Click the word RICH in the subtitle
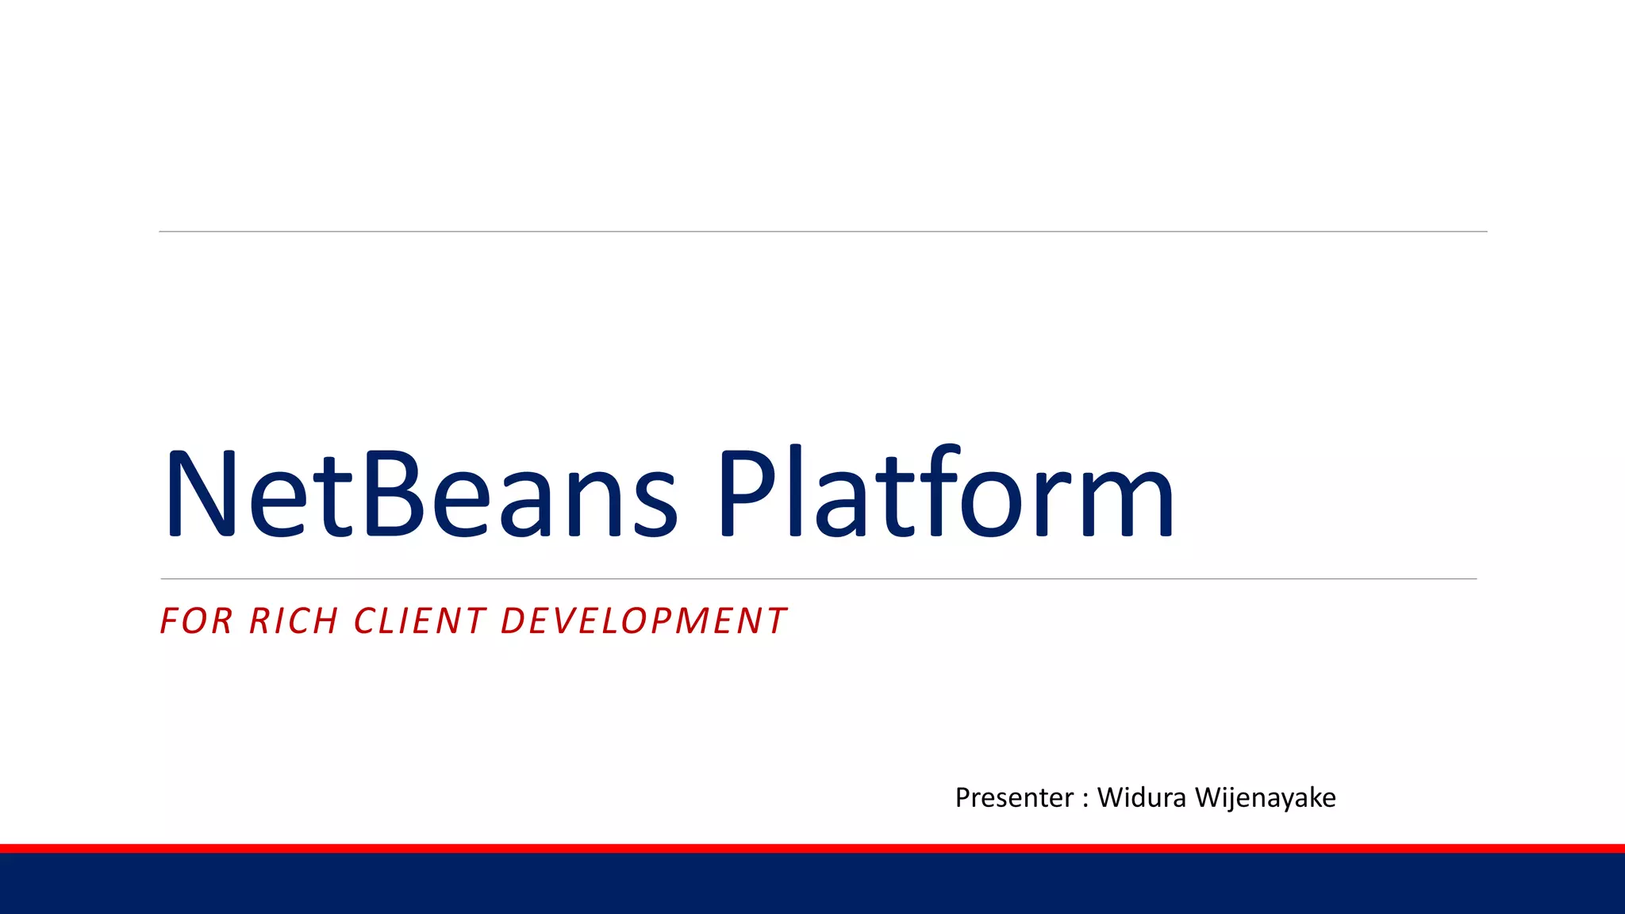pos(294,621)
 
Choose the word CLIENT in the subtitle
pos(420,621)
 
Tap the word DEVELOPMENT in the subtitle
pos(643,621)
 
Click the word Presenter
pos(1014,797)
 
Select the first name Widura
pos(1141,797)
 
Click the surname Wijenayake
pos(1265,797)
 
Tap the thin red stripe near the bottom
pos(812,848)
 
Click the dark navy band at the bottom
pos(812,884)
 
